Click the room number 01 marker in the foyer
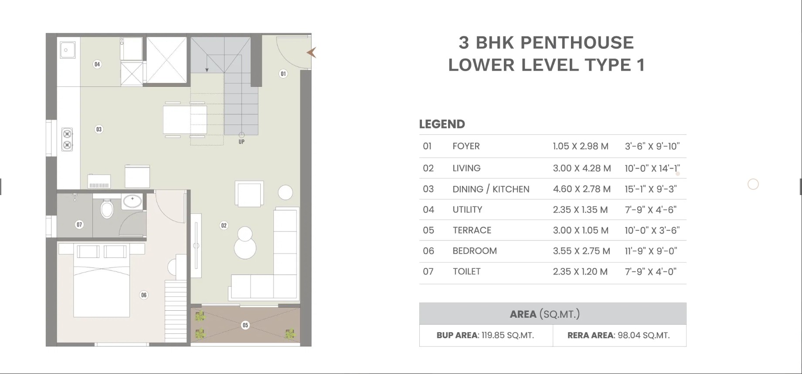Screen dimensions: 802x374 [283, 74]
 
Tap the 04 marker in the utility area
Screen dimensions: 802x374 [97, 64]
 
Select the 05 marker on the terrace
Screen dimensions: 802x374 [245, 325]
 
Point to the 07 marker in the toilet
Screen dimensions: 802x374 [79, 225]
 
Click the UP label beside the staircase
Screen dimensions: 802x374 [241, 142]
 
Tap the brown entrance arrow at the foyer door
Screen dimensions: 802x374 [312, 53]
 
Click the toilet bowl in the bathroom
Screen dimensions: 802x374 [107, 209]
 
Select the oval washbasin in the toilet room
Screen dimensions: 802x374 [132, 201]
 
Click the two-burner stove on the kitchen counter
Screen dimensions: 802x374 [67, 139]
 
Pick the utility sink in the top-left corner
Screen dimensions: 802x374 [67, 50]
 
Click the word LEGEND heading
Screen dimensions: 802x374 [442, 124]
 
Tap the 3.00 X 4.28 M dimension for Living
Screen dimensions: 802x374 [582, 168]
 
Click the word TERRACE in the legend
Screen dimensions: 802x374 [472, 230]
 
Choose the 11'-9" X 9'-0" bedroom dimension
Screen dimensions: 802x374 [651, 251]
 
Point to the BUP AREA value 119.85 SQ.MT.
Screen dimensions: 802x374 [508, 336]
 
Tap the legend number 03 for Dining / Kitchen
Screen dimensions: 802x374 [428, 189]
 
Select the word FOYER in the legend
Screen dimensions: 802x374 [466, 146]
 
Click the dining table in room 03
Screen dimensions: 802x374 [185, 120]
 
